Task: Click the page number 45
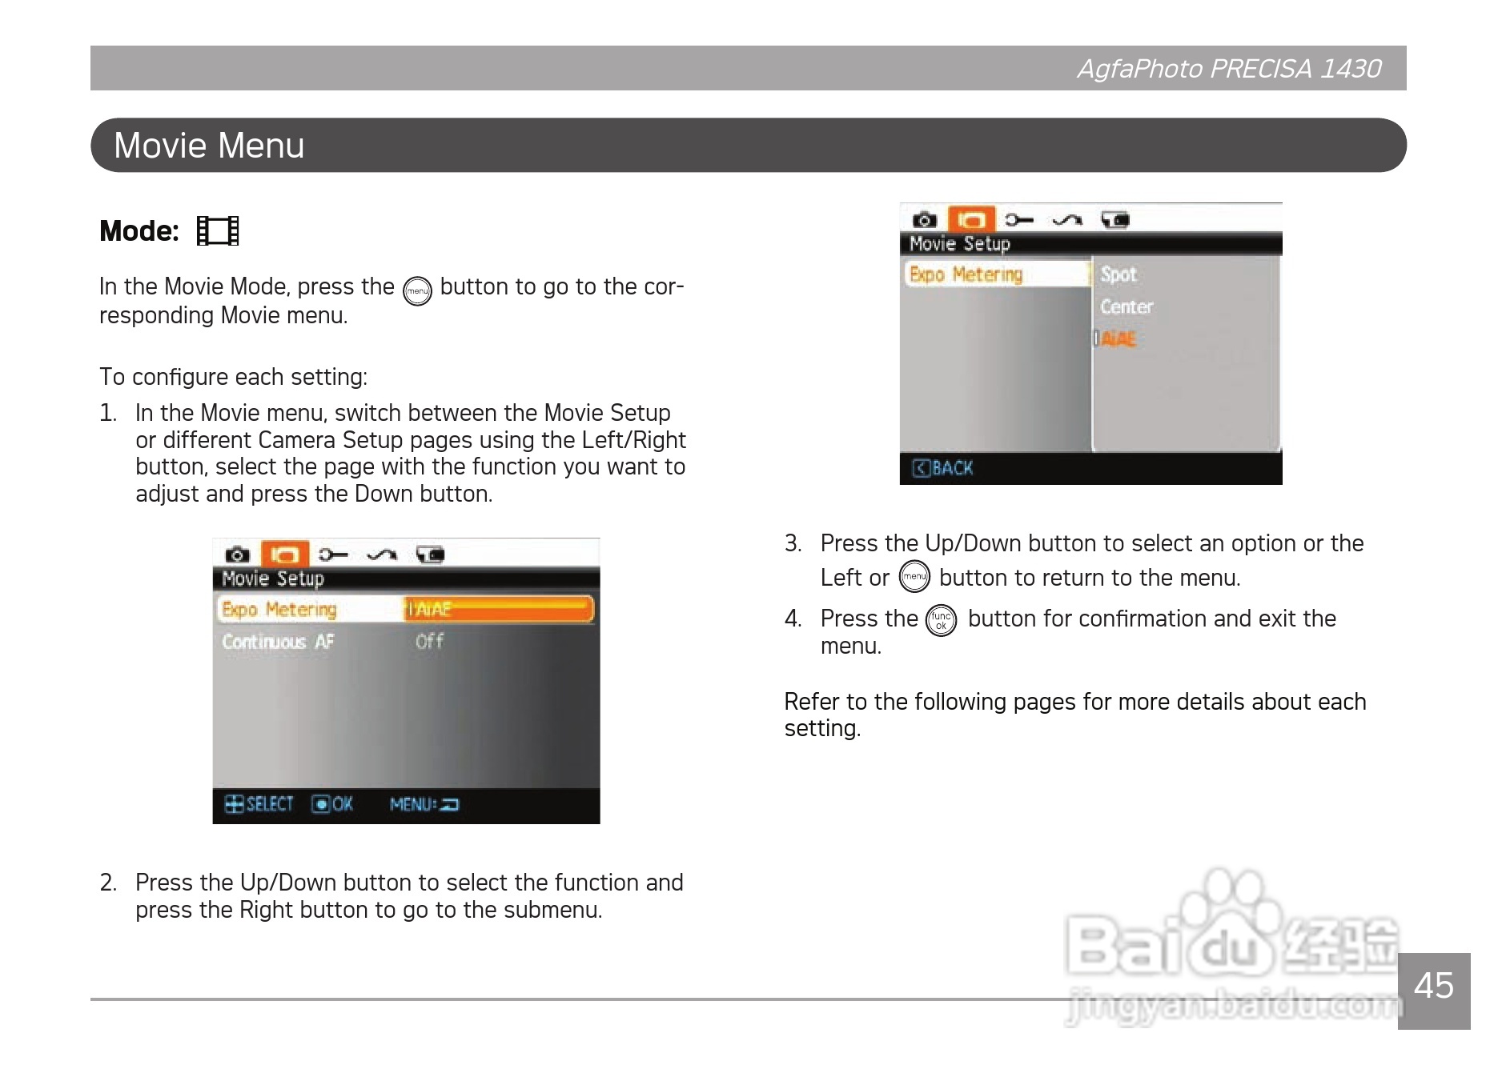(1433, 986)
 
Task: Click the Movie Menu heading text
(209, 146)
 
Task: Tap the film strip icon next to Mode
(218, 231)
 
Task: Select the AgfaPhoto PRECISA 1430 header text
(1229, 69)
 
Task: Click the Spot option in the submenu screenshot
(1118, 274)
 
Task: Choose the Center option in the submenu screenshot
(1127, 306)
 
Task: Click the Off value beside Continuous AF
(429, 641)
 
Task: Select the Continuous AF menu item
(278, 642)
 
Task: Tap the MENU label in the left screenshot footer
(412, 804)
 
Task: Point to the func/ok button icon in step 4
(941, 620)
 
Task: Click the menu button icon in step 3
(914, 576)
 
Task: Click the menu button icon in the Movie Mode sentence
(417, 291)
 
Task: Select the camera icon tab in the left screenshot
(237, 555)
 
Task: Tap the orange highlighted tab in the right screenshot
(971, 219)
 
